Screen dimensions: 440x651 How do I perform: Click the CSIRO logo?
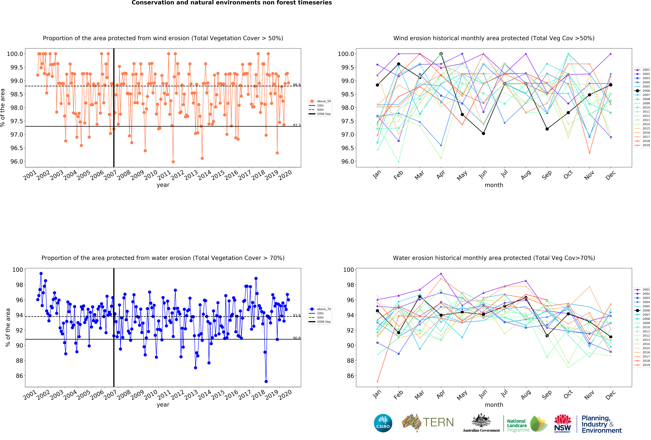click(x=383, y=423)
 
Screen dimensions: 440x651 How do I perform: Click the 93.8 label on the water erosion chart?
click(x=296, y=315)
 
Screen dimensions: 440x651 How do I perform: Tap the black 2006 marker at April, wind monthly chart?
click(x=441, y=54)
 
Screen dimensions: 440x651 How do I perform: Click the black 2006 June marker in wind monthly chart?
click(x=483, y=133)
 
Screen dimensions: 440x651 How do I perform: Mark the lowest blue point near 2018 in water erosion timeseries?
click(x=266, y=381)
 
